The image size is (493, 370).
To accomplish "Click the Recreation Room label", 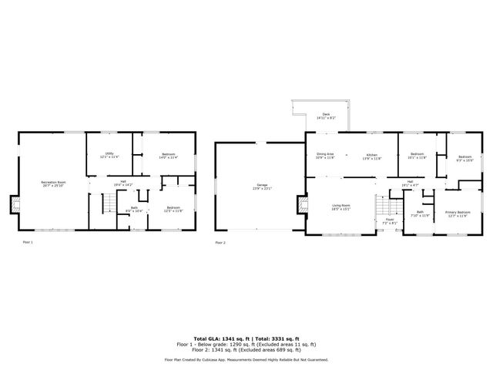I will coord(53,183).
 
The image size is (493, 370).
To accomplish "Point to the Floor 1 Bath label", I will coord(133,208).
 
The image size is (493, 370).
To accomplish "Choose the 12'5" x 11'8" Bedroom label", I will coord(175,208).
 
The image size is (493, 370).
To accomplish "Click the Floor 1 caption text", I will coord(27,243).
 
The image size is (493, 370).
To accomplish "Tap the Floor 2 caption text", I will coord(222,243).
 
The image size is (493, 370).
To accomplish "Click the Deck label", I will coord(326,116).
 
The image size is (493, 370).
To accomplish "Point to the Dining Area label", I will coord(326,155).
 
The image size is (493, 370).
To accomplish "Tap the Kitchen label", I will coord(372,155).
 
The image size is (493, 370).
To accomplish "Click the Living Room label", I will coord(341,206).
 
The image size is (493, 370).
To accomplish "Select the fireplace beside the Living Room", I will coord(301,204).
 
